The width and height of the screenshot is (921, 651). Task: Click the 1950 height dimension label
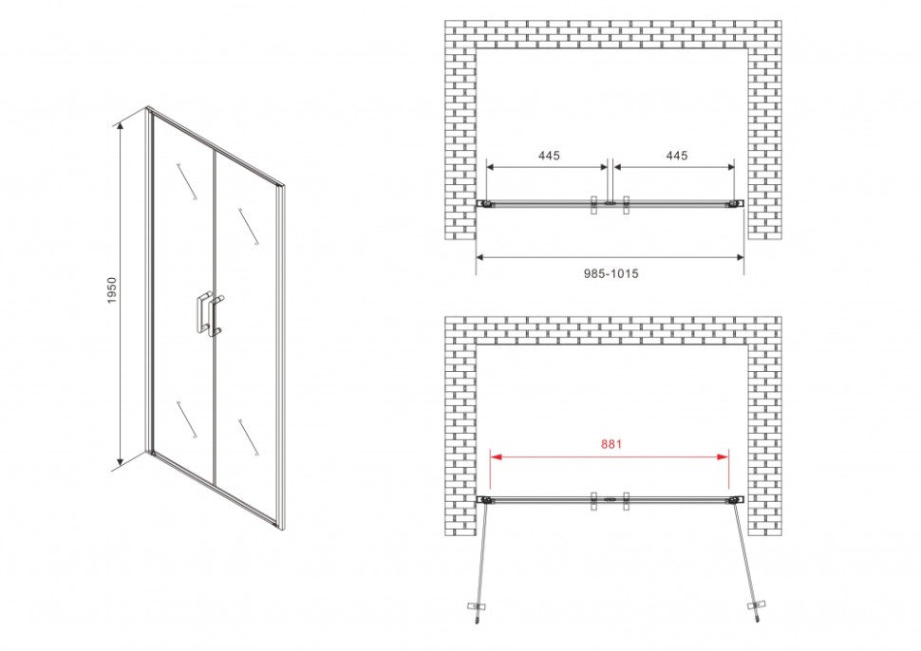coord(112,290)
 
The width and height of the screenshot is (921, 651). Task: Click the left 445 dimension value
coord(549,156)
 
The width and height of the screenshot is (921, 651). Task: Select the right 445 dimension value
coord(677,156)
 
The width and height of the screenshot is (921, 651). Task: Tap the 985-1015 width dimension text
coord(611,273)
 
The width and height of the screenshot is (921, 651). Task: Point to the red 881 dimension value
coord(611,444)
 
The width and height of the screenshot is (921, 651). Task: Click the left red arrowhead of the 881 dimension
coord(496,456)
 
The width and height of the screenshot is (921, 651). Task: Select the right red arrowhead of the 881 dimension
coord(724,456)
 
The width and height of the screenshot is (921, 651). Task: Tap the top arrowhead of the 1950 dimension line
coord(122,126)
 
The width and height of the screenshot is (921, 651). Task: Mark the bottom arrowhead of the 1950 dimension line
coord(122,461)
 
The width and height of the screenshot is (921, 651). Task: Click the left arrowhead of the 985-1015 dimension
coord(480,256)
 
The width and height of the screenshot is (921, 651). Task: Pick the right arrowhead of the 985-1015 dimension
coord(739,256)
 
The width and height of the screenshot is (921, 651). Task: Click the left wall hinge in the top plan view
coord(485,204)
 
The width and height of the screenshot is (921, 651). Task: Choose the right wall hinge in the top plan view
coord(735,204)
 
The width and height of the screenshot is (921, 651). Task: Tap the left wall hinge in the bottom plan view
coord(485,500)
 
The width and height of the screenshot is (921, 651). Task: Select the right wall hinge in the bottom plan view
coord(735,500)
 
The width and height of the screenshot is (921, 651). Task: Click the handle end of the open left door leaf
coord(477,609)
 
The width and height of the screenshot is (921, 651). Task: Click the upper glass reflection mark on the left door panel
coord(185,182)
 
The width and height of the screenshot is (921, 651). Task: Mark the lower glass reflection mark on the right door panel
coord(249,437)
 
